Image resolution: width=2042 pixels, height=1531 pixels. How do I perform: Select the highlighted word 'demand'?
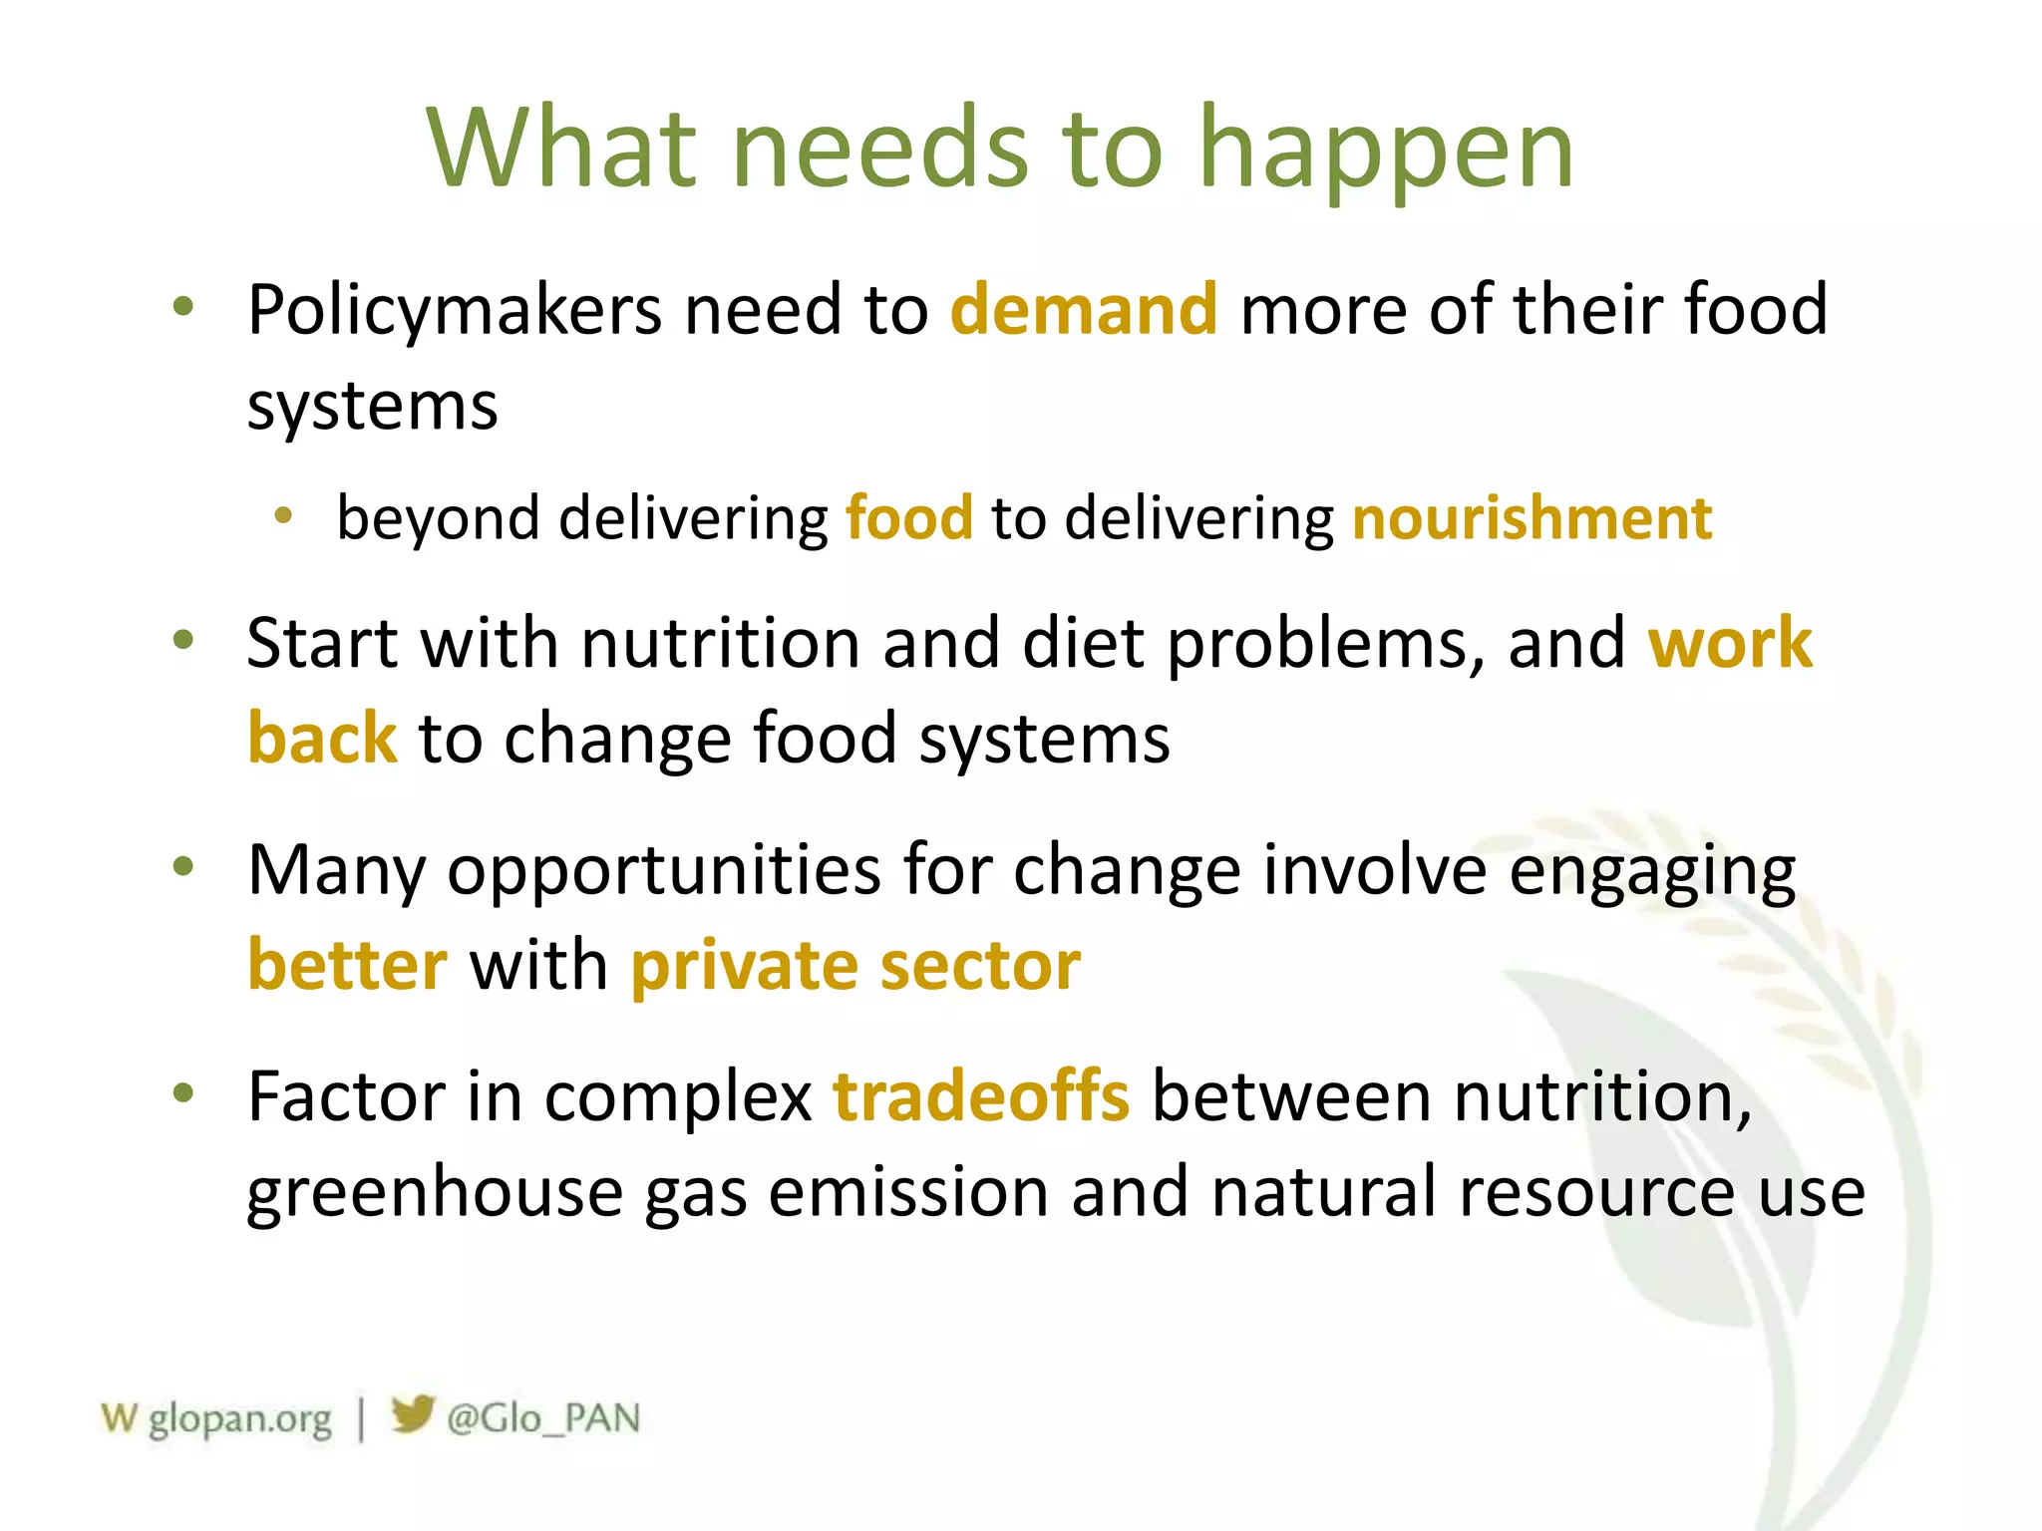[1084, 309]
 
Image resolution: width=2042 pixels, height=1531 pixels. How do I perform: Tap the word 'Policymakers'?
[455, 311]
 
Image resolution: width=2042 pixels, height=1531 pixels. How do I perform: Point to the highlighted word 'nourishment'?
[1531, 518]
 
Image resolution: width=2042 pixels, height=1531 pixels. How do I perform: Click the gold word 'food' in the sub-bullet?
[908, 518]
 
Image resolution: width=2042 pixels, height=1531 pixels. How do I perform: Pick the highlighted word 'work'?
[1729, 643]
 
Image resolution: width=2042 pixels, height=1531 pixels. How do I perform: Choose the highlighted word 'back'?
[322, 739]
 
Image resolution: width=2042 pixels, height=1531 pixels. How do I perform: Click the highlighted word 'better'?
[347, 965]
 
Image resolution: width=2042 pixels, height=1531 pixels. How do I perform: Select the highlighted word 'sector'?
[980, 965]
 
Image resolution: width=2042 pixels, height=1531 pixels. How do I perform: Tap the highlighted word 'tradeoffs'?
[981, 1096]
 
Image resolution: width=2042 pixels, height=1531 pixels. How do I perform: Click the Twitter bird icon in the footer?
[412, 1413]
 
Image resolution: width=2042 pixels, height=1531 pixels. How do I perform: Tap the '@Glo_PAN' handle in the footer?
[542, 1418]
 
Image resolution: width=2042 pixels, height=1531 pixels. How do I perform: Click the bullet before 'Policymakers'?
[182, 306]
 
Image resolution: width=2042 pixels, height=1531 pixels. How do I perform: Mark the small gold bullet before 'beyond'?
[284, 515]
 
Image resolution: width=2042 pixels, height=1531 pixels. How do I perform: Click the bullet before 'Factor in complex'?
[182, 1092]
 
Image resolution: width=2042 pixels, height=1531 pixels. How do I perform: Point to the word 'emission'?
[907, 1192]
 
